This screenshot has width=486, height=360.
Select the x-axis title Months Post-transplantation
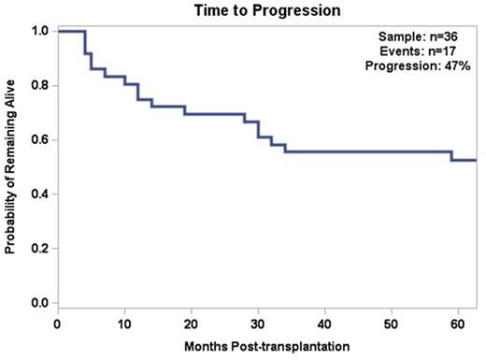coord(268,349)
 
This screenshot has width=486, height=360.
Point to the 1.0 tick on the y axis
coord(38,31)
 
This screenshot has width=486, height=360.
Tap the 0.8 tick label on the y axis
coord(38,86)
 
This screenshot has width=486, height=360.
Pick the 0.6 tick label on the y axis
coord(38,140)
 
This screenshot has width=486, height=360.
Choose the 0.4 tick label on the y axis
coord(38,194)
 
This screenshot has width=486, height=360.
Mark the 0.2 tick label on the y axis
coord(38,249)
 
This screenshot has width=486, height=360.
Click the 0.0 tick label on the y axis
coord(38,303)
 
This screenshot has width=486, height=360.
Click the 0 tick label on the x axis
coord(58,324)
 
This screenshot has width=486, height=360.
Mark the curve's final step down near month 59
coord(451,156)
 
